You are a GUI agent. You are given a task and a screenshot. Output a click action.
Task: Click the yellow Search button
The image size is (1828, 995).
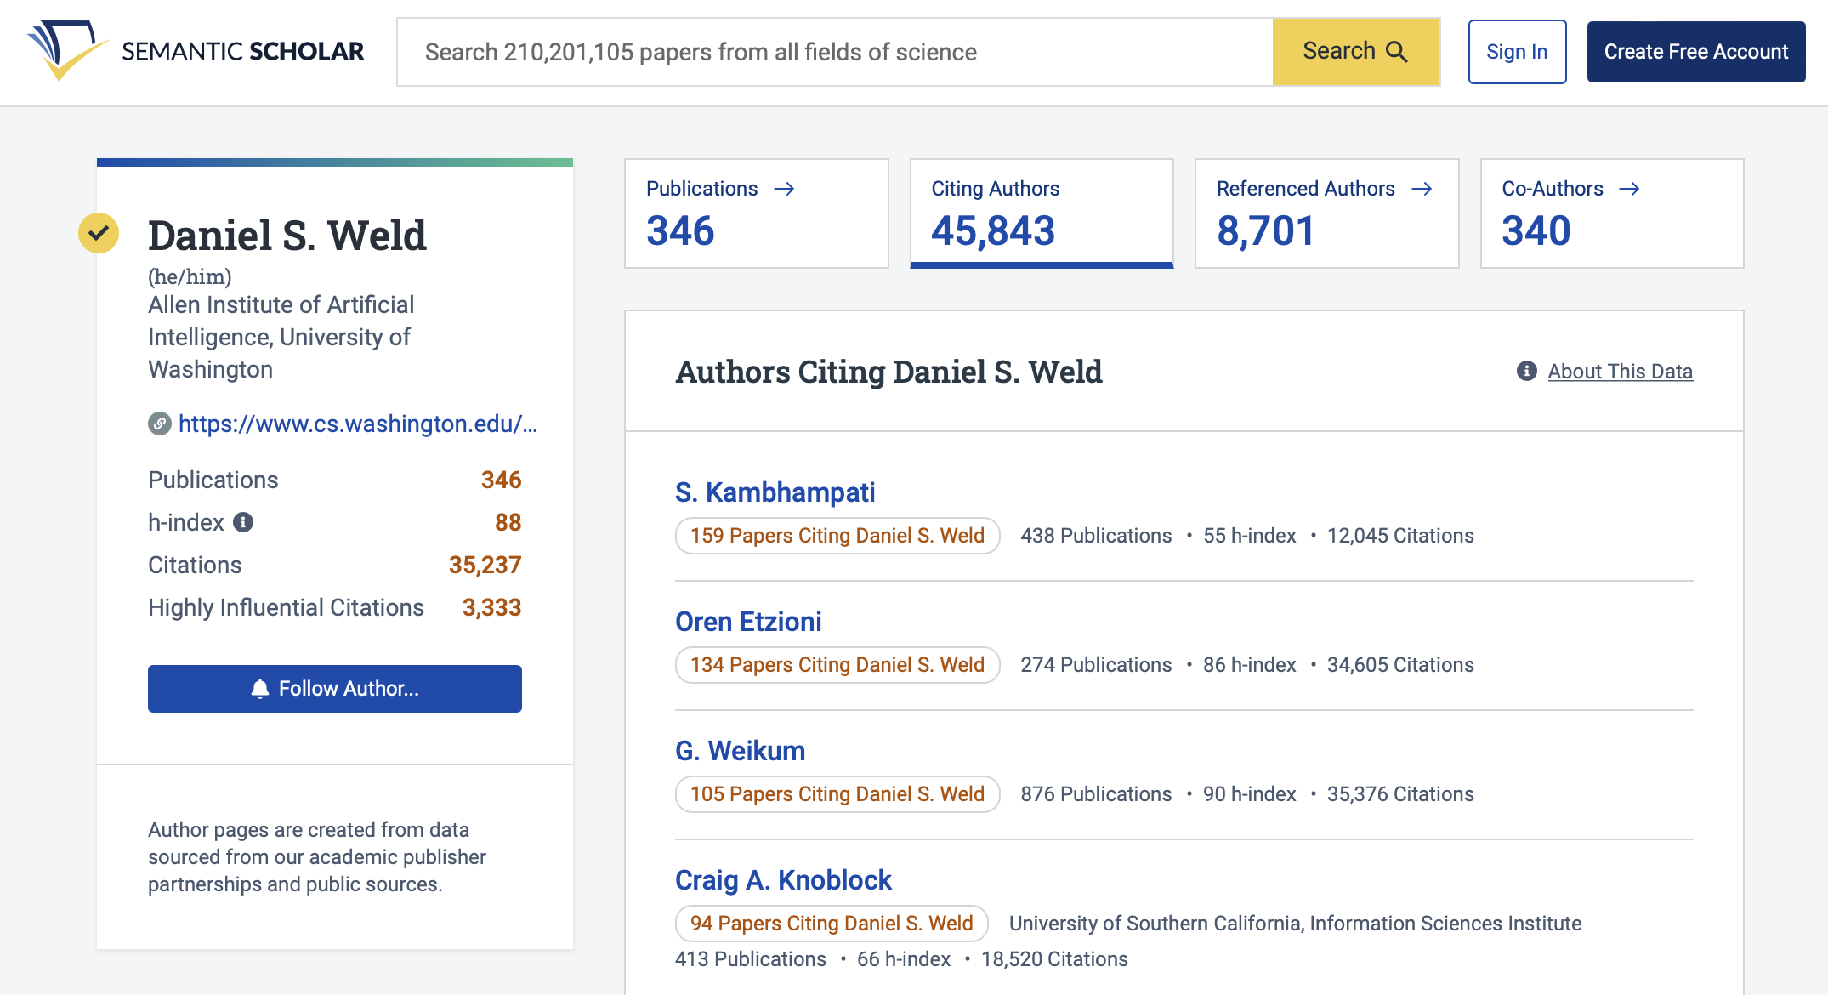pos(1355,52)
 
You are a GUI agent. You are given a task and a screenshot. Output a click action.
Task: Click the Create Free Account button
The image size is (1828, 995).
pos(1695,52)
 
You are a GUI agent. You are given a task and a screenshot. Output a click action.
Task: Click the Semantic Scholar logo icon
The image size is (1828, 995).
pos(66,50)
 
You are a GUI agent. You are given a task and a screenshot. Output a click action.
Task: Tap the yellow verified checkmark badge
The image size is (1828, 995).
pos(99,233)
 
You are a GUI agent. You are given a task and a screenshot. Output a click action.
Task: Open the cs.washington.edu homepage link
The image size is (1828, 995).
pos(357,424)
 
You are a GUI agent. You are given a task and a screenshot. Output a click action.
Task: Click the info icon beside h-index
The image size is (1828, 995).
pos(243,522)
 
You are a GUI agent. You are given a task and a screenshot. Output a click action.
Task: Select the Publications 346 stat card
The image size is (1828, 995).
pos(756,213)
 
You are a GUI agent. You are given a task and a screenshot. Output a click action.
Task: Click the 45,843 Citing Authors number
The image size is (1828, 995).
pos(993,231)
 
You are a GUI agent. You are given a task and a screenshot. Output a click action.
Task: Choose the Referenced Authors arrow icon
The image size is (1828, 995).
pos(1422,189)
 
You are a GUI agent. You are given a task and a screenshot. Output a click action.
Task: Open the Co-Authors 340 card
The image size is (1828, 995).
pos(1611,213)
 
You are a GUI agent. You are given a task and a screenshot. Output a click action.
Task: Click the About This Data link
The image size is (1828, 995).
pos(1619,372)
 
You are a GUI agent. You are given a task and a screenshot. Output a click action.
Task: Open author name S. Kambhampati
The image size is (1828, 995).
pos(775,492)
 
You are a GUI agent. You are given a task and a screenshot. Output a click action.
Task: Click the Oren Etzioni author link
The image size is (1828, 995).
pos(748,622)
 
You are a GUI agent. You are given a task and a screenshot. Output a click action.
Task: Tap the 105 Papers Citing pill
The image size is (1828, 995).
pos(837,794)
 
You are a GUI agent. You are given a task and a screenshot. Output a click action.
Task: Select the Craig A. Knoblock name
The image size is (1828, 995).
pos(783,880)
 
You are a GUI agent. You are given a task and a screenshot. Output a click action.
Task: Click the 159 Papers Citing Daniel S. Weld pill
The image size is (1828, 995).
pos(837,536)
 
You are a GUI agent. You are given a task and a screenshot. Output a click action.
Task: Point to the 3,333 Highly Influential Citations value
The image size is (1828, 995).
pos(491,607)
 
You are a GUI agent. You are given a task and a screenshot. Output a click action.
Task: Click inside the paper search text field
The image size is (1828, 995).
pos(833,52)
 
